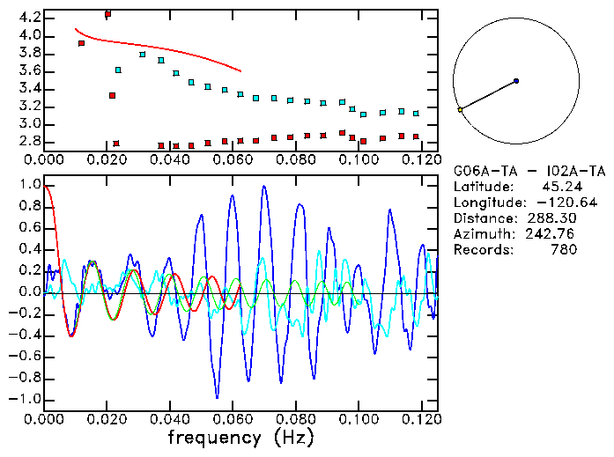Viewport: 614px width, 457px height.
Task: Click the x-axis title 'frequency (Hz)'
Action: tap(240, 437)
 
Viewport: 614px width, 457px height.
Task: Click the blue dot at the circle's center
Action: tap(516, 81)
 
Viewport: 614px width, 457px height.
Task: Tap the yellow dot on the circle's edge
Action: tap(460, 110)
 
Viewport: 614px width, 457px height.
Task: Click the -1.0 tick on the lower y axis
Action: tap(26, 399)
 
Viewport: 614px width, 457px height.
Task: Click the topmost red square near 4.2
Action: tap(107, 14)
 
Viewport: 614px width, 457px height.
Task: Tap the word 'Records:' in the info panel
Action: tap(480, 249)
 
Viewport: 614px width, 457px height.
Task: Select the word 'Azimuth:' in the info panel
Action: tap(480, 233)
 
